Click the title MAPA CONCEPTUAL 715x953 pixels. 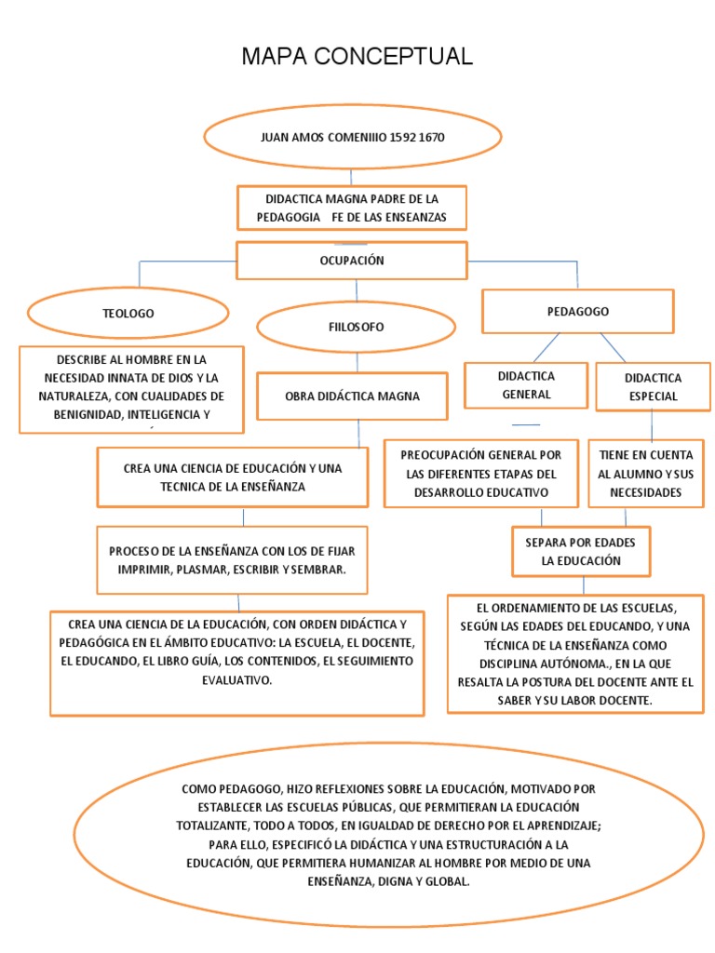[357, 58]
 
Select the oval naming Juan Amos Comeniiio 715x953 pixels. [352, 138]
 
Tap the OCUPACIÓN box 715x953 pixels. [351, 261]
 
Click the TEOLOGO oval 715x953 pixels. [128, 314]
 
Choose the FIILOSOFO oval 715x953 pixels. [356, 327]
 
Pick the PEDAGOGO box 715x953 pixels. [577, 312]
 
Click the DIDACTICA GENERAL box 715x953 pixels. [527, 385]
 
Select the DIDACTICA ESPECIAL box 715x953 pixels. [652, 386]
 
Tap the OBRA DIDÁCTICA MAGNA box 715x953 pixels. [352, 396]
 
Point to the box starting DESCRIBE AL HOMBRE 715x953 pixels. [131, 389]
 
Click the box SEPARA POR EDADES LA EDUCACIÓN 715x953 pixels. [581, 552]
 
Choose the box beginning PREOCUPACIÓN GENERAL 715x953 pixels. [480, 474]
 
